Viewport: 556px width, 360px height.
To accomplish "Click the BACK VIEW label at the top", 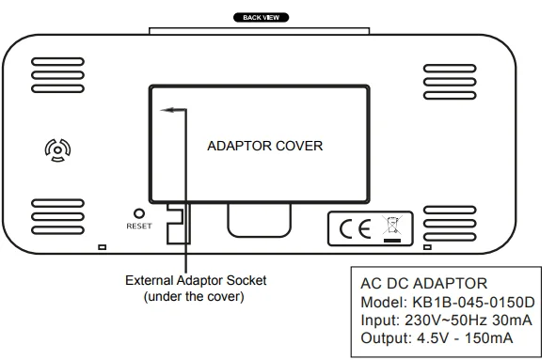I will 261,17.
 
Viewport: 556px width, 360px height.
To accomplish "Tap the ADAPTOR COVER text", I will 264,147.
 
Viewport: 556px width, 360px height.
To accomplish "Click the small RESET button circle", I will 139,214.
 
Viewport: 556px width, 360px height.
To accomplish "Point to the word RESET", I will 139,227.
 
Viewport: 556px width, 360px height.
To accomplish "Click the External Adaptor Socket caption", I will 196,280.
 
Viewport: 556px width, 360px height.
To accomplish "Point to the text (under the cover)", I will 194,296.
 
